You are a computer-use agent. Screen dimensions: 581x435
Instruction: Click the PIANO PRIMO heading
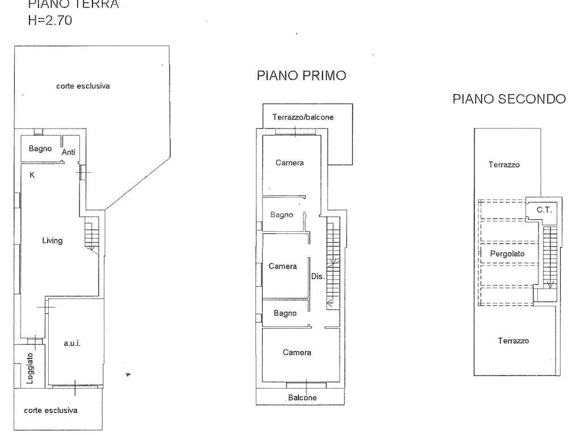click(301, 75)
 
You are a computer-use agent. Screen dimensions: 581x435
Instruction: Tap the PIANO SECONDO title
click(509, 99)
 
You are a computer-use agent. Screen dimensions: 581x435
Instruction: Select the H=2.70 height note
click(50, 20)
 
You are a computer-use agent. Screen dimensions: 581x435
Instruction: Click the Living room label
click(52, 240)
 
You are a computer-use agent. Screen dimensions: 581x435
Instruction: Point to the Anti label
click(69, 152)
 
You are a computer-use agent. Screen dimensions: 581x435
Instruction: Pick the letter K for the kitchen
click(32, 176)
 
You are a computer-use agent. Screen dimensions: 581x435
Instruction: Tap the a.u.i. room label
click(72, 343)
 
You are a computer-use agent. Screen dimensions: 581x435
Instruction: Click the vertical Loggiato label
click(31, 368)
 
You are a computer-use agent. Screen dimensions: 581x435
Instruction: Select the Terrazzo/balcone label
click(303, 117)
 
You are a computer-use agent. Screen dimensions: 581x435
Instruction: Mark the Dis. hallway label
click(318, 276)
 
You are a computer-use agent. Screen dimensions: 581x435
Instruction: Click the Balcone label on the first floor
click(302, 398)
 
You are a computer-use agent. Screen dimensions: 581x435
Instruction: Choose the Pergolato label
click(507, 254)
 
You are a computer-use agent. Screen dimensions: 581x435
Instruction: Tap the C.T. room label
click(544, 210)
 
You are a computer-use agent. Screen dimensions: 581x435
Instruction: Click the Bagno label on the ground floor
click(40, 149)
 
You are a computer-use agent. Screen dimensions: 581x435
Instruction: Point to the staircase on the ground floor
click(91, 236)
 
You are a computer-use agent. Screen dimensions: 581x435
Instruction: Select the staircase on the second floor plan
click(550, 258)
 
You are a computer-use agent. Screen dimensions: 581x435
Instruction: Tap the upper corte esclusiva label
click(83, 86)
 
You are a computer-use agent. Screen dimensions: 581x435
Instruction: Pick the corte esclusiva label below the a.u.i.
click(50, 410)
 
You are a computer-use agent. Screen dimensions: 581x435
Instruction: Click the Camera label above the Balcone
click(297, 352)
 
